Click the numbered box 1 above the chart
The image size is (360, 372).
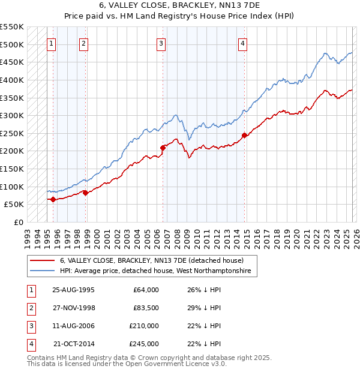[x=51, y=43]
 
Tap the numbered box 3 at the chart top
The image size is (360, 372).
[x=161, y=43]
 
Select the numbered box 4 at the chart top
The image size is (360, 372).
[x=242, y=43]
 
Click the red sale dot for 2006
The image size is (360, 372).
[x=163, y=147]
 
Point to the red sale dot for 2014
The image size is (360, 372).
[x=244, y=135]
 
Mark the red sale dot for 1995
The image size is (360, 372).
[x=53, y=199]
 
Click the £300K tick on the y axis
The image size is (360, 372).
[x=12, y=115]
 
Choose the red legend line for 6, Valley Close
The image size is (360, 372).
[x=42, y=261]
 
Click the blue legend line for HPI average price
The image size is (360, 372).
[x=42, y=271]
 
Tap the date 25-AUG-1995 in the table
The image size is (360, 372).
[x=73, y=290]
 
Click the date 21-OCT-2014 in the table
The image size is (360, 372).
[x=74, y=344]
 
